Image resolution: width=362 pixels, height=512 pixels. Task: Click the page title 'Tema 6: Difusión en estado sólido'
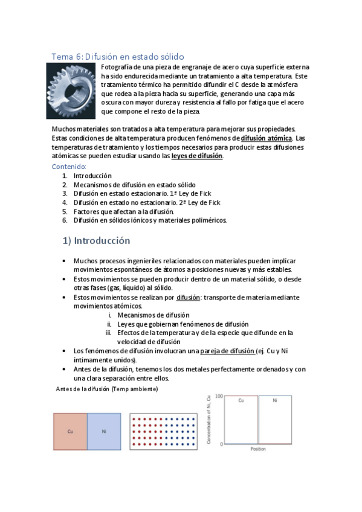coord(117,56)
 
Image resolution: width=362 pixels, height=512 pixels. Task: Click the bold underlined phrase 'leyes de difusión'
coord(197,156)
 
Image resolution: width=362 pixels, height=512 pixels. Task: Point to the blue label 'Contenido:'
coord(69,166)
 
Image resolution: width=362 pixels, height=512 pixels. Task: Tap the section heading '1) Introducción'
coord(97,240)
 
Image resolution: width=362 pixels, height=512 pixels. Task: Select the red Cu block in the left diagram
coord(70,431)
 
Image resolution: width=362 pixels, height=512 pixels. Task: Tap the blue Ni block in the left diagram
coord(104,431)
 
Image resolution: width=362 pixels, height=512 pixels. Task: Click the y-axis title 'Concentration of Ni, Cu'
coord(210,421)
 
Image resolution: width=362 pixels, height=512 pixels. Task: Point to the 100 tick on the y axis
coord(219,396)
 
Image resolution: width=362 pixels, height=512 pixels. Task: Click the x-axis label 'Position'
coord(258,449)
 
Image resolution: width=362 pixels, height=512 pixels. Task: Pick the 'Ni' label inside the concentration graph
coord(275,401)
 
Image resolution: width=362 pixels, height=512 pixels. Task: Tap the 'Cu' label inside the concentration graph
coord(241,401)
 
